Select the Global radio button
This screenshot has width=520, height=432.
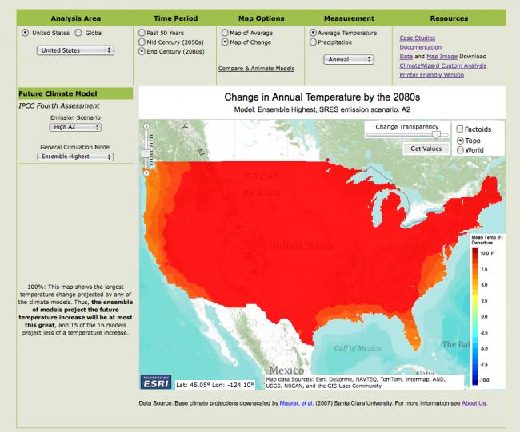coord(78,33)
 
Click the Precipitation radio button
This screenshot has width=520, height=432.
coord(313,42)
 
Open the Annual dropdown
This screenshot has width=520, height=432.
coord(349,59)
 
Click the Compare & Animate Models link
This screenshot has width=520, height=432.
coord(256,69)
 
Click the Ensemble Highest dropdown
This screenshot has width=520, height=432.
coord(75,157)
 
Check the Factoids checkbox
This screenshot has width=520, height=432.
coord(459,129)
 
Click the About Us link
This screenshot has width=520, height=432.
coord(470,403)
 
